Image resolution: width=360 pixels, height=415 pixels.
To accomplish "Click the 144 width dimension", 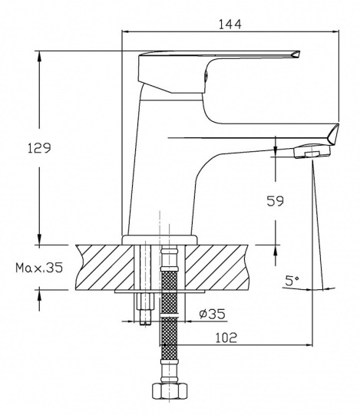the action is point(230,25).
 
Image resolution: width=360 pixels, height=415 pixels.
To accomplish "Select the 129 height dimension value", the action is point(39,148).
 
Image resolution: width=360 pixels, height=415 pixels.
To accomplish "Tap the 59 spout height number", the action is point(275,201).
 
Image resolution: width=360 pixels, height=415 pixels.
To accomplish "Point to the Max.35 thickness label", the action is point(39,268).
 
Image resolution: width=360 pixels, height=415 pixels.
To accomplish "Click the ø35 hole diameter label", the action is point(212,314).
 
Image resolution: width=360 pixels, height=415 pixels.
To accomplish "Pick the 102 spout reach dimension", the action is point(226,338).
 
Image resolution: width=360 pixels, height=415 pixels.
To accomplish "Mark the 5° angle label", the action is point(292,281).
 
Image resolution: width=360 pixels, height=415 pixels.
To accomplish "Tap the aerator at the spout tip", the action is point(312,151).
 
